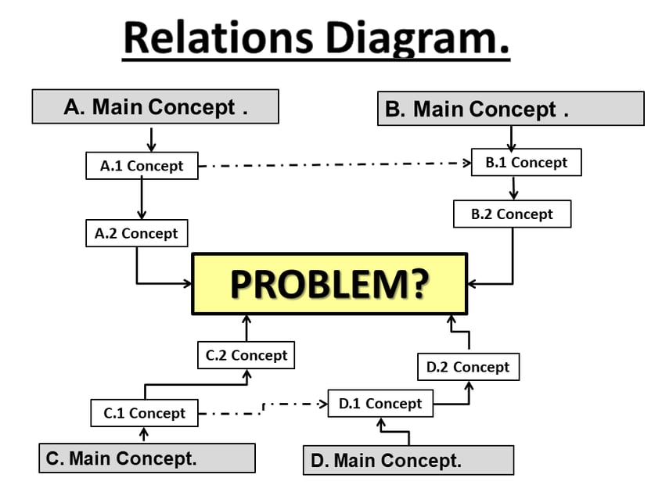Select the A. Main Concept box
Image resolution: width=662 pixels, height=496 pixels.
click(155, 106)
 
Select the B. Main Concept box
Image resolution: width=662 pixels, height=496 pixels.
click(510, 109)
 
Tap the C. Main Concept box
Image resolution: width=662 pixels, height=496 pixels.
click(146, 458)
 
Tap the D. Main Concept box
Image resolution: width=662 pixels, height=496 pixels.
click(408, 460)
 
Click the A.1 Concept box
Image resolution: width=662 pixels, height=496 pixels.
click(142, 166)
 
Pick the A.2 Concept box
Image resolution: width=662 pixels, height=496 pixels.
click(136, 233)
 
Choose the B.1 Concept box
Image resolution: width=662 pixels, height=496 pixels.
click(526, 163)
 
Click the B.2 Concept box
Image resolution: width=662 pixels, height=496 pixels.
click(512, 214)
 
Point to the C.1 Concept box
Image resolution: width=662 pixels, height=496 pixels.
click(144, 413)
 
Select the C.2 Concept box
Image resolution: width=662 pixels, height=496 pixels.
click(246, 355)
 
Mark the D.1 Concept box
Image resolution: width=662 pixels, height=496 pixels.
click(380, 404)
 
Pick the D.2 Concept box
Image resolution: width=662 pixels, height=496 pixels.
click(468, 367)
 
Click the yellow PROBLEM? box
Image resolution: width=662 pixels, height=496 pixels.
click(329, 284)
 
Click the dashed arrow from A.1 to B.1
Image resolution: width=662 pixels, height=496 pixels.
click(333, 164)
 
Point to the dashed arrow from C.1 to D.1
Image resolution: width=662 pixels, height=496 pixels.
click(263, 408)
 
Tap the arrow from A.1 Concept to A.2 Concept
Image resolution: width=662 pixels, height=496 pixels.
click(142, 199)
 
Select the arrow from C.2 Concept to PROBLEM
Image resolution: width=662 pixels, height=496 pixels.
click(246, 329)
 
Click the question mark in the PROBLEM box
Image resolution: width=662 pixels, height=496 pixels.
click(416, 285)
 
